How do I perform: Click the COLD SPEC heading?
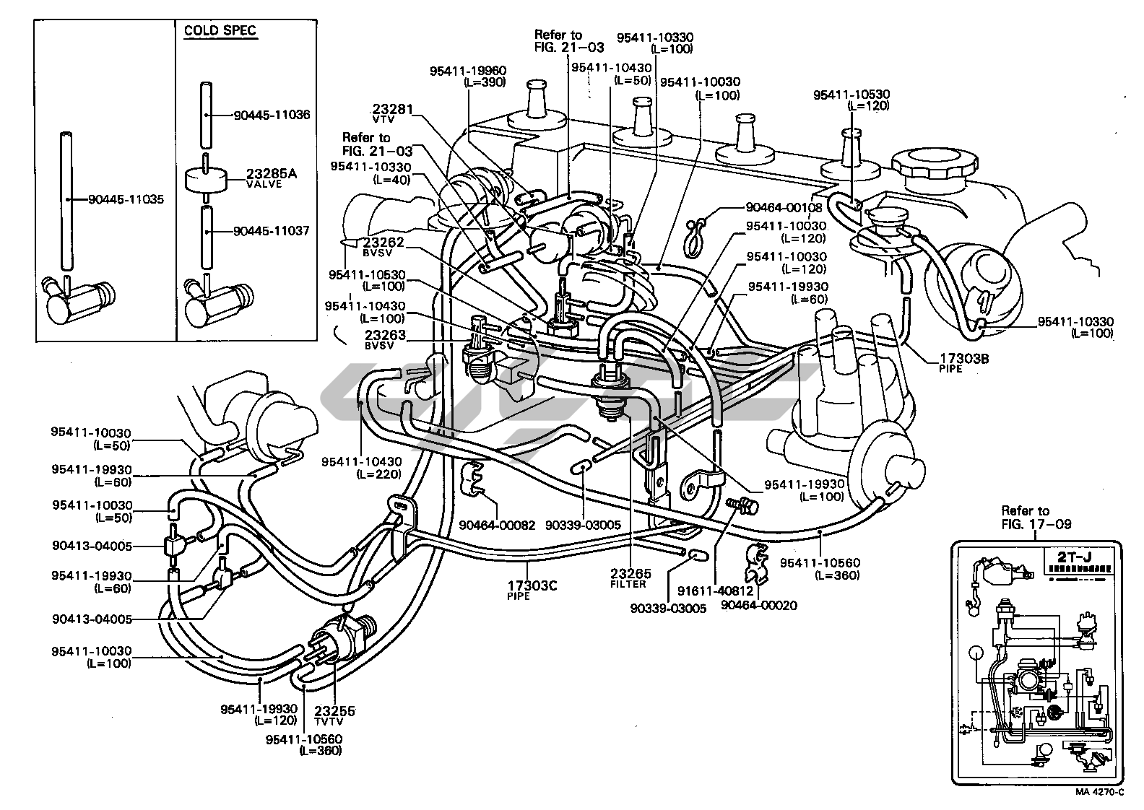[x=220, y=30]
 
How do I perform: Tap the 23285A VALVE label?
[x=272, y=178]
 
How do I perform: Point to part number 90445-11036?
[x=272, y=115]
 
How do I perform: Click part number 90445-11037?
[x=272, y=231]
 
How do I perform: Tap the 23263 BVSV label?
[x=385, y=339]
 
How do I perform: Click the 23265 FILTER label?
[x=630, y=577]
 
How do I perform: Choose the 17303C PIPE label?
[x=532, y=589]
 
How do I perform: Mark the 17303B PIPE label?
[x=963, y=360]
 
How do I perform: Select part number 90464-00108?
[x=784, y=208]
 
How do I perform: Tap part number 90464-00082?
[x=497, y=526]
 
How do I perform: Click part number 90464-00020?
[x=759, y=605]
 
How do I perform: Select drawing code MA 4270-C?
[x=1099, y=792]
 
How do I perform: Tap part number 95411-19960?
[x=468, y=71]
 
